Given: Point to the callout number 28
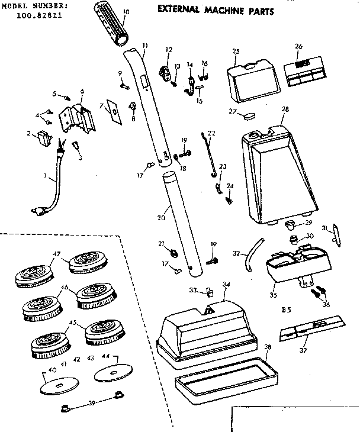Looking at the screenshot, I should [x=285, y=109].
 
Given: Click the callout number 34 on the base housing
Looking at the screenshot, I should [x=225, y=285].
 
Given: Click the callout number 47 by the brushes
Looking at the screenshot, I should [x=56, y=254].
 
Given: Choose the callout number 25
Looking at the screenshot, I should [x=235, y=52].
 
